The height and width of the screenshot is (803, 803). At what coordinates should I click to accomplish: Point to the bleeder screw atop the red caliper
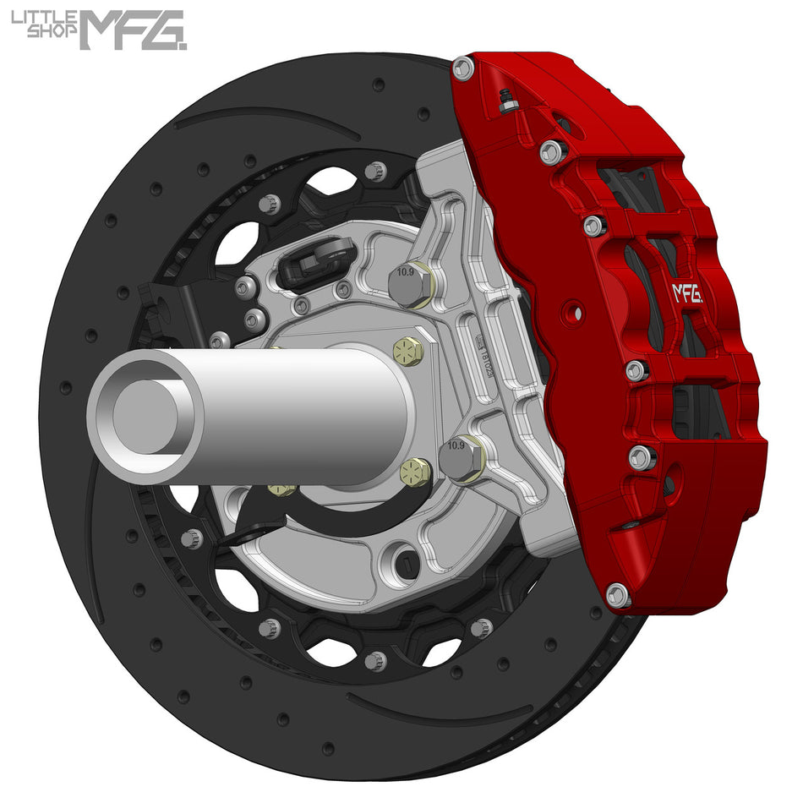click(x=508, y=102)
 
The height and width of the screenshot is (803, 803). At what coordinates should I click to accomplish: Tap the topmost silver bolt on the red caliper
click(x=462, y=68)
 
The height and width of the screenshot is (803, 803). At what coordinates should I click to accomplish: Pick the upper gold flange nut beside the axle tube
click(x=409, y=350)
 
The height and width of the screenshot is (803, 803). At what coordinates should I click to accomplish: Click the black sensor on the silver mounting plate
click(x=316, y=258)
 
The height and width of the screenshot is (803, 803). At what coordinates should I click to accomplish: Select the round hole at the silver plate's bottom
click(x=402, y=560)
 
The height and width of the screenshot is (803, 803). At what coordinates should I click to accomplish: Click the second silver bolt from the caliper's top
click(x=552, y=152)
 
